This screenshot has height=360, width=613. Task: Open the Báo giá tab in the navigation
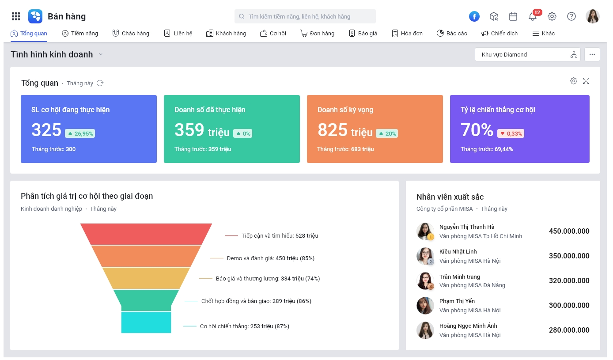coord(363,33)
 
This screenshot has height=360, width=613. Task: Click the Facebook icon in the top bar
coord(474,16)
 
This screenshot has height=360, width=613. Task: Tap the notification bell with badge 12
coord(533,16)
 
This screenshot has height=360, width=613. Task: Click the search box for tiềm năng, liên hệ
coord(305,16)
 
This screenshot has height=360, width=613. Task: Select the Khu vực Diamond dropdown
coord(527,54)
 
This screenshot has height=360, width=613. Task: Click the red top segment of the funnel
coord(146,234)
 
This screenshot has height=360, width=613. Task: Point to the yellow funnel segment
coord(146,278)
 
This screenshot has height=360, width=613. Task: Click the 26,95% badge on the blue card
coord(80,133)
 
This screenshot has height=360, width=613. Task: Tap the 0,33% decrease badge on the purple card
coord(511,133)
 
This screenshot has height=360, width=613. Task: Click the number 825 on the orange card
coord(332,130)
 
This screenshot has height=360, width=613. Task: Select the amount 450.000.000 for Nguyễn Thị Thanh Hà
coord(569,231)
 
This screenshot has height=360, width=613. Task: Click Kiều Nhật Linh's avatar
coord(425,256)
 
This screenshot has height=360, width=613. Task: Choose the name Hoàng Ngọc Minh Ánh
coord(468,326)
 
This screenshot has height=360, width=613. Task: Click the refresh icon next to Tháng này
coord(100,83)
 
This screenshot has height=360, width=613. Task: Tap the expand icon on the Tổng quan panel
coord(586,81)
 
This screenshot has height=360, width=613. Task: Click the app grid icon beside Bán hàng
coord(16,16)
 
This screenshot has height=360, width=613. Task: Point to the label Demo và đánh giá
coord(250,258)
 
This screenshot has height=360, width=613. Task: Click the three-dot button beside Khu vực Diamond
coord(592,54)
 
